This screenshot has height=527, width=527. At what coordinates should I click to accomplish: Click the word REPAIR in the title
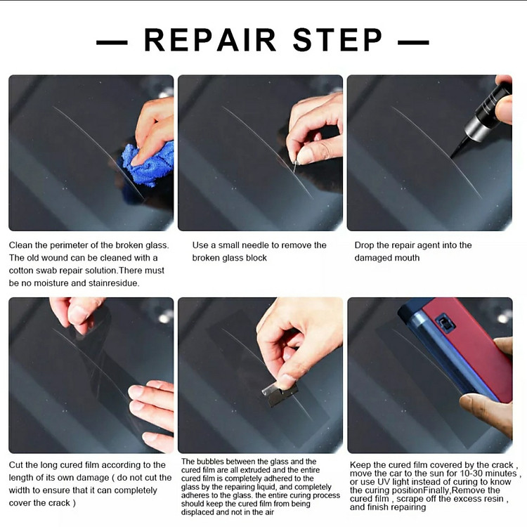pyautogui.click(x=209, y=40)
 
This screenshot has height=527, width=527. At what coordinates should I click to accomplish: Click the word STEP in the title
pyautogui.click(x=337, y=40)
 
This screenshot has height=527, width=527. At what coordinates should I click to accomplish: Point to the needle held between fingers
pyautogui.click(x=295, y=167)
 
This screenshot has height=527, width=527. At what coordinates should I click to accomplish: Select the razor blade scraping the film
pyautogui.click(x=280, y=394)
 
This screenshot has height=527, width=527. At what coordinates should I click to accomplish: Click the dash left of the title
pyautogui.click(x=112, y=43)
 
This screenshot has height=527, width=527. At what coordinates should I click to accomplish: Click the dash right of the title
pyautogui.click(x=413, y=43)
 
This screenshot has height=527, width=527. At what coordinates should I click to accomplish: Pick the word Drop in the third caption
pyautogui.click(x=364, y=245)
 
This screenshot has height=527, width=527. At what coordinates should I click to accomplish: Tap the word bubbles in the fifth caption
pyautogui.click(x=211, y=462)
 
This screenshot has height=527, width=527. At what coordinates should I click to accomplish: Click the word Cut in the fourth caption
pyautogui.click(x=15, y=465)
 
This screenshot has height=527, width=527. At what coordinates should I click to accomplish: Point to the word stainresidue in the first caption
pyautogui.click(x=114, y=283)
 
